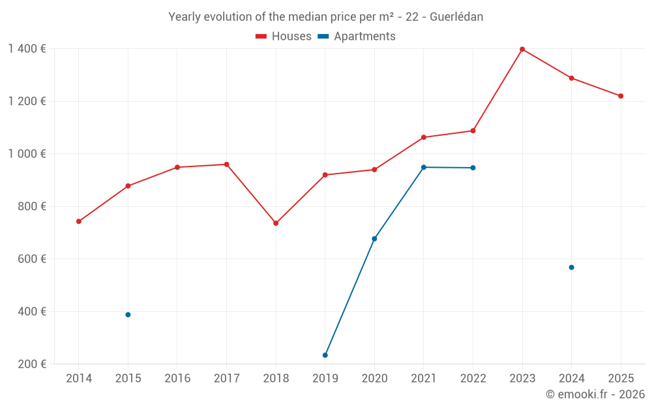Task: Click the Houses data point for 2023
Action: coord(522,49)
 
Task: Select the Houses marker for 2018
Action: coord(276,223)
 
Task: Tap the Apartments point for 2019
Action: coord(325,355)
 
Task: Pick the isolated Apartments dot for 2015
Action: coord(128,315)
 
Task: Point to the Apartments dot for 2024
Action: coord(571,268)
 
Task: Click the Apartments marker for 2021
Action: coord(424,167)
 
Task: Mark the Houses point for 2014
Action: coord(79,221)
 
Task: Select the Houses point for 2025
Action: coord(621,96)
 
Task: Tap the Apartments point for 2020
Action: coord(374,239)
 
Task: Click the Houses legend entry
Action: coord(284,37)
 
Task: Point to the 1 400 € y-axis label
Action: coord(27,49)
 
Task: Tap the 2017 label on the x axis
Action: coord(226,378)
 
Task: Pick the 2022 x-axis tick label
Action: coord(473,378)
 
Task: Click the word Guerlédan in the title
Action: coord(456,17)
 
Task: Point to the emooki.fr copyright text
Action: coord(595,394)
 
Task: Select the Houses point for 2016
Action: coord(177,167)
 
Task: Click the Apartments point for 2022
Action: coord(473,168)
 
